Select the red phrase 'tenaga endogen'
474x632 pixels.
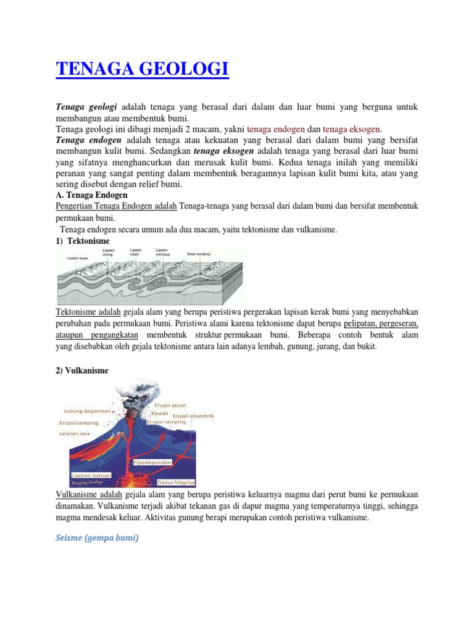tap(275, 129)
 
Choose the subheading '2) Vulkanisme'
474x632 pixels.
tap(82, 370)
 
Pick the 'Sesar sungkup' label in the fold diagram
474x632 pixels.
tap(199, 253)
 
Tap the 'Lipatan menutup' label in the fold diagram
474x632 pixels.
tap(162, 252)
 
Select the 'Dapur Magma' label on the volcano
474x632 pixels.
tap(176, 482)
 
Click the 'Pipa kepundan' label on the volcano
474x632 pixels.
tap(152, 462)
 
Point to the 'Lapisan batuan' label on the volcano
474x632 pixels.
tap(91, 475)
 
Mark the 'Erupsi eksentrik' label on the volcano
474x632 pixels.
tap(193, 416)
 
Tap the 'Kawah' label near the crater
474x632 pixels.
tap(151, 412)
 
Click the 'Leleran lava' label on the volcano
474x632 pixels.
tap(75, 434)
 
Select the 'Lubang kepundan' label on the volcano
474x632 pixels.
tap(87, 410)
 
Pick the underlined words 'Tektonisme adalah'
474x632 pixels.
tap(89, 312)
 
